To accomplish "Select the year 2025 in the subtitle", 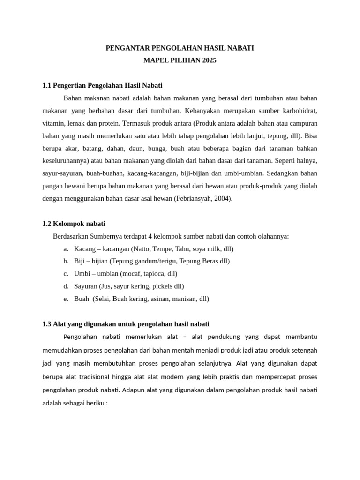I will (209, 60).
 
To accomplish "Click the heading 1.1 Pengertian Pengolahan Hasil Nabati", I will (102, 85).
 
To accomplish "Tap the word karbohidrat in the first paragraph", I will (300, 111).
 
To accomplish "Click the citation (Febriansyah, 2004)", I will (203, 198).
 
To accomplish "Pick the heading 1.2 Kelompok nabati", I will (77, 224).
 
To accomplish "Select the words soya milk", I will (206, 249).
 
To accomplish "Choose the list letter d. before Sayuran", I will (66, 286).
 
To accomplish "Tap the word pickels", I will (161, 286).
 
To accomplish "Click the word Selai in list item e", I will (103, 299).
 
